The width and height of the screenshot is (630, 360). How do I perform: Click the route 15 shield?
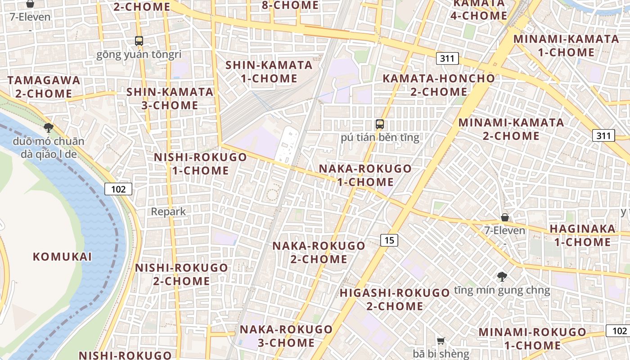pyautogui.click(x=389, y=240)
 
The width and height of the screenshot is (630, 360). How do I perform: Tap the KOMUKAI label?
pyautogui.click(x=62, y=257)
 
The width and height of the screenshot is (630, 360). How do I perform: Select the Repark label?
pyautogui.click(x=168, y=211)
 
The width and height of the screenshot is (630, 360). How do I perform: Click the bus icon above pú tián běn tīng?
pyautogui.click(x=380, y=124)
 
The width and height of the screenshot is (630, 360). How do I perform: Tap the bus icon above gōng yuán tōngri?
pyautogui.click(x=139, y=41)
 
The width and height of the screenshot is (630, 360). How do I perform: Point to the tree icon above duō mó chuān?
pyautogui.click(x=49, y=128)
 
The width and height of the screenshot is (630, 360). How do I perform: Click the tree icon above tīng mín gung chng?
pyautogui.click(x=502, y=277)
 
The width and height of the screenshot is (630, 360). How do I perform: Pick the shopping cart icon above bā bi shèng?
pyautogui.click(x=441, y=341)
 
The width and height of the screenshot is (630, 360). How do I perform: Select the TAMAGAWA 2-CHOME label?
pyautogui.click(x=44, y=87)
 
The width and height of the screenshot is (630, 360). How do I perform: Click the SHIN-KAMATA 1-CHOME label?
pyautogui.click(x=269, y=72)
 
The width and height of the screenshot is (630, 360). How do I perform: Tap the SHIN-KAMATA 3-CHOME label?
pyautogui.click(x=169, y=99)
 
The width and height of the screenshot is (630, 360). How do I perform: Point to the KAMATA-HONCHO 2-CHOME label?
pyautogui.click(x=438, y=85)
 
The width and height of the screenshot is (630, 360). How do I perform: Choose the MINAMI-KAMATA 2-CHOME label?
pyautogui.click(x=511, y=129)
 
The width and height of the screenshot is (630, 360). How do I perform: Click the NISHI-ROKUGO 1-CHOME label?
pyautogui.click(x=200, y=164)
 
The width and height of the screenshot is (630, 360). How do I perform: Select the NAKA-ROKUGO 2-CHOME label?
pyautogui.click(x=319, y=252)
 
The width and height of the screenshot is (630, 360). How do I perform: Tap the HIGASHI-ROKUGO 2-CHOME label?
pyautogui.click(x=395, y=300)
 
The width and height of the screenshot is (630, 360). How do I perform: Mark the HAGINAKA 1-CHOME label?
pyautogui.click(x=582, y=235)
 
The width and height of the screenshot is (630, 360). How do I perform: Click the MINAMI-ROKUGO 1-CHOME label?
pyautogui.click(x=532, y=339)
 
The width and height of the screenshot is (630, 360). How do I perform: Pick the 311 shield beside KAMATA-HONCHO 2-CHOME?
pyautogui.click(x=447, y=58)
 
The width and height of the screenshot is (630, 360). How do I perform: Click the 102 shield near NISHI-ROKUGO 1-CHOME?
pyautogui.click(x=118, y=189)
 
